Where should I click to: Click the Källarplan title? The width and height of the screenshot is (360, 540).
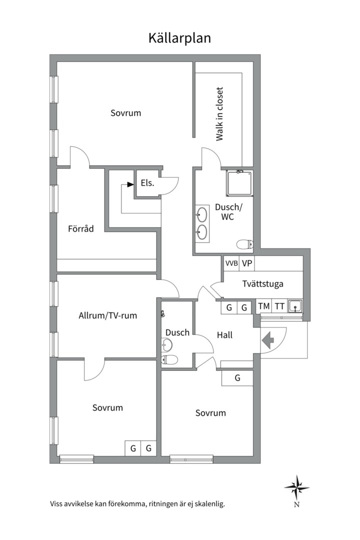(x=179, y=38)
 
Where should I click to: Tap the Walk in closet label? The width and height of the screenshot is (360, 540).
(x=219, y=114)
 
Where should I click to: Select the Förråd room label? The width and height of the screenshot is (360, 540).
(x=80, y=228)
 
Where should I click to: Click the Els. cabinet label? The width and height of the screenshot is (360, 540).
(x=147, y=183)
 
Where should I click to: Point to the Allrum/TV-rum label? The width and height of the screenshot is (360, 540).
(x=107, y=315)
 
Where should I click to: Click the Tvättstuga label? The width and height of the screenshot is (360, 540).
(x=262, y=284)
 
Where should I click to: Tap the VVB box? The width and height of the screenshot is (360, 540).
(x=231, y=263)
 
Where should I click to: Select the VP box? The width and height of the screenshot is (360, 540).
(x=247, y=263)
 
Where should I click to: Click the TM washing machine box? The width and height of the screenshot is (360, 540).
(x=264, y=306)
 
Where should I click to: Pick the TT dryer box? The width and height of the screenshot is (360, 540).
(x=279, y=306)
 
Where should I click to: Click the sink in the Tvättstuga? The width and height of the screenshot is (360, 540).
(x=295, y=306)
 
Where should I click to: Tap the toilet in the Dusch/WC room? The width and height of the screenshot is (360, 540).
(x=245, y=244)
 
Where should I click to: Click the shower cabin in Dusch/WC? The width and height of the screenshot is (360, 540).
(x=239, y=183)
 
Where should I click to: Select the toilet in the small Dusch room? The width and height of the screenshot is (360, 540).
(x=169, y=359)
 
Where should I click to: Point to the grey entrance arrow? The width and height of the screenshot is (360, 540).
(x=267, y=340)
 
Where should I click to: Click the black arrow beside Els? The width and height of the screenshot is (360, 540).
(x=130, y=184)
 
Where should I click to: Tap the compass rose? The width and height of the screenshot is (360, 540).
(x=296, y=487)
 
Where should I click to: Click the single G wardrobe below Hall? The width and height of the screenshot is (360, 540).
(x=237, y=378)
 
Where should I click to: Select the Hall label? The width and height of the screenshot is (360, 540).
(x=224, y=335)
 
